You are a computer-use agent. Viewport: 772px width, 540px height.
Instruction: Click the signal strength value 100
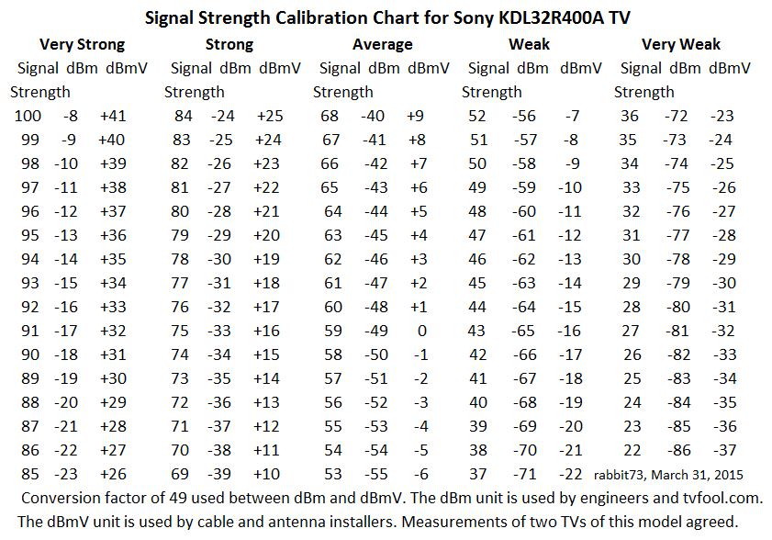point(28,116)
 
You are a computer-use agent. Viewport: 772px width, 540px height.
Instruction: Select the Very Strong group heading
point(83,44)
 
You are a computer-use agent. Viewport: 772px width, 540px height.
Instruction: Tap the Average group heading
point(382,44)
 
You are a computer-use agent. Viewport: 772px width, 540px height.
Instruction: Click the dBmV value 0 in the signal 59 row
point(421,331)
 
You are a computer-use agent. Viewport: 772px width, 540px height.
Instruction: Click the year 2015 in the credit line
point(726,475)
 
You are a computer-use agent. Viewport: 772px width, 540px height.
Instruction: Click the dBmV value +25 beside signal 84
point(270,116)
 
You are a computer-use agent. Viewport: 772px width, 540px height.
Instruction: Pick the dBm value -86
point(680,450)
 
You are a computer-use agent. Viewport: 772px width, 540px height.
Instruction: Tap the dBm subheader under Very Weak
point(684,68)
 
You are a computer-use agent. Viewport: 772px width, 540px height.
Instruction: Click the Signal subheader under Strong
point(191,68)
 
